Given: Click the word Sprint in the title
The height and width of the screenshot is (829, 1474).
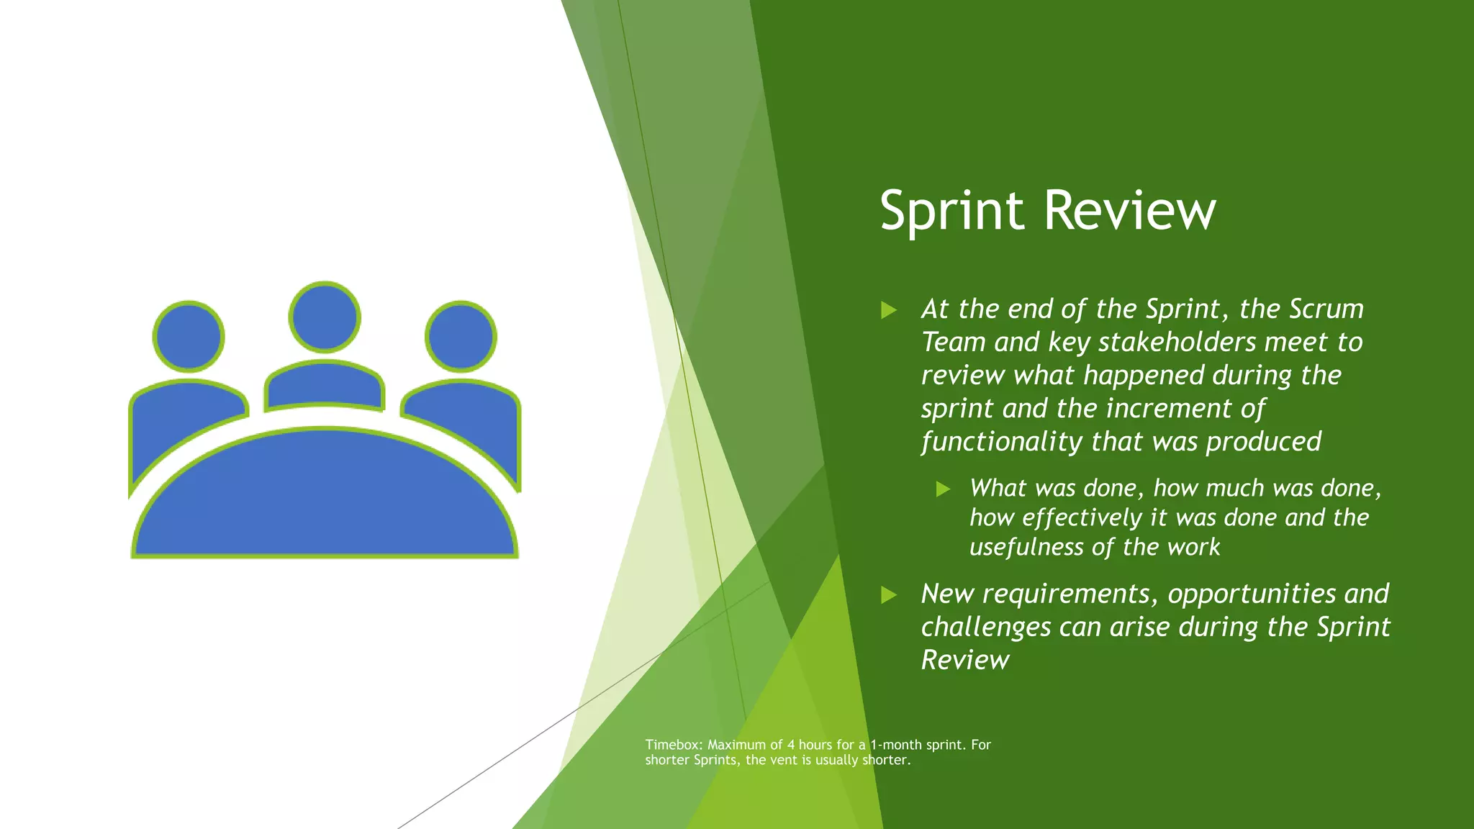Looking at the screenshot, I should pyautogui.click(x=951, y=210).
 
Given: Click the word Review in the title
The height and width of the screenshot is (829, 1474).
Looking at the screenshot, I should pyautogui.click(x=1129, y=210).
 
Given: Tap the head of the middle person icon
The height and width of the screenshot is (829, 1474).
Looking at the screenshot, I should pyautogui.click(x=325, y=317).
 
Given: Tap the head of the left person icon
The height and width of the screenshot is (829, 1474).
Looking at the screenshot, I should pyautogui.click(x=189, y=336).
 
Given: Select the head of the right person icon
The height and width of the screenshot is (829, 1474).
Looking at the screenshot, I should pyautogui.click(x=461, y=336).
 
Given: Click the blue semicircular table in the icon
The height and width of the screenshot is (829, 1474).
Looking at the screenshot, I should pyautogui.click(x=325, y=497).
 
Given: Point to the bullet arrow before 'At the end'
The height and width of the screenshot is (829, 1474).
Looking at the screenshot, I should pyautogui.click(x=889, y=310).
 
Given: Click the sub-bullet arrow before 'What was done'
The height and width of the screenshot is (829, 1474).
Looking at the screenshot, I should pyautogui.click(x=943, y=489).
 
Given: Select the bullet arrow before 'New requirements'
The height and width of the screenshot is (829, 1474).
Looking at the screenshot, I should pyautogui.click(x=889, y=595).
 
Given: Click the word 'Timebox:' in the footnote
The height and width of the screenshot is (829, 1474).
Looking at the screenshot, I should pyautogui.click(x=674, y=745).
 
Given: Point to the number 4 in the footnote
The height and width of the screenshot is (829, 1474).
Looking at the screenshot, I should pyautogui.click(x=791, y=745).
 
